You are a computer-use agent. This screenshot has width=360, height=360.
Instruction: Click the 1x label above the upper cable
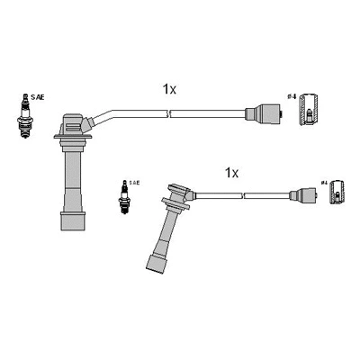click(x=170, y=89)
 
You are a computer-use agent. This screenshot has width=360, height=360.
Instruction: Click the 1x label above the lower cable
click(x=230, y=171)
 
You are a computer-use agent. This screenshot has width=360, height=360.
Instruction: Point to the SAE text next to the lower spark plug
click(x=133, y=183)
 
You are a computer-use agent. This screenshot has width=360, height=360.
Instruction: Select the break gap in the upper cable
click(x=170, y=113)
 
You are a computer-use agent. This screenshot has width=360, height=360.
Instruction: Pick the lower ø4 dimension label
click(x=324, y=184)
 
